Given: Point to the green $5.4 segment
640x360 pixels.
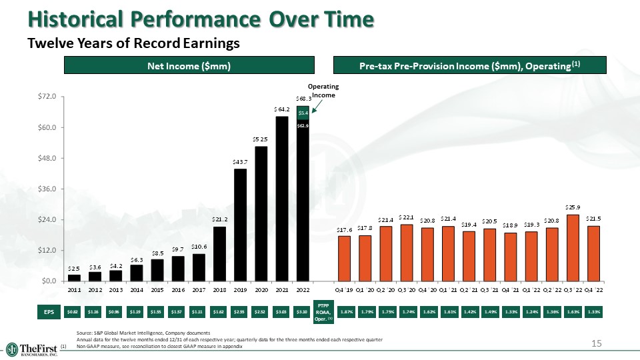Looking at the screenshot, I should click(302, 114).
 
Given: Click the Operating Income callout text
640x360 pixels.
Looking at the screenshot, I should click(327, 91).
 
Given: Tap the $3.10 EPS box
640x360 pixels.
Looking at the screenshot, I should click(301, 311).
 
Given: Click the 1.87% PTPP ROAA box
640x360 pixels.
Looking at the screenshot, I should click(347, 311).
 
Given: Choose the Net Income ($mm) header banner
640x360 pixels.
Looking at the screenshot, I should click(189, 65).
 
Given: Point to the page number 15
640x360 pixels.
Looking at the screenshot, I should click(597, 343).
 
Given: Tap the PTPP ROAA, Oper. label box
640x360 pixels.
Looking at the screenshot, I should click(323, 313).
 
